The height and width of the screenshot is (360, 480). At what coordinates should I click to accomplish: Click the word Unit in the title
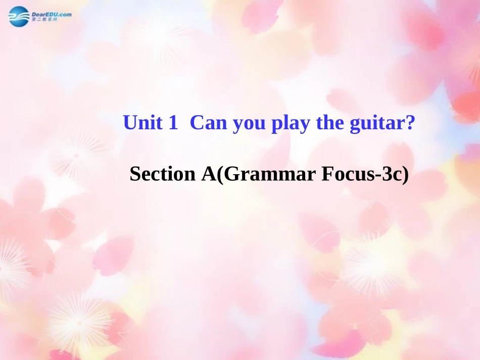[143, 123]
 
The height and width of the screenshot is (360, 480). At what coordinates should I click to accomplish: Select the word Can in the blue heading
[209, 123]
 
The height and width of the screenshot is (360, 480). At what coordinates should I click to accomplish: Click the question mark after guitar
[410, 123]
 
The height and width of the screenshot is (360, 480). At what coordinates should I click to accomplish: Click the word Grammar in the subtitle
[266, 174]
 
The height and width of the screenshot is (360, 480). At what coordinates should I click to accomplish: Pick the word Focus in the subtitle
[343, 174]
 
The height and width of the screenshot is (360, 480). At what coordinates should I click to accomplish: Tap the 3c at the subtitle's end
[391, 174]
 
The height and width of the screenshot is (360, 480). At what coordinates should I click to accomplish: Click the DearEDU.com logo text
[52, 14]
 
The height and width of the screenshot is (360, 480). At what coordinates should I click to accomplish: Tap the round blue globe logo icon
[19, 17]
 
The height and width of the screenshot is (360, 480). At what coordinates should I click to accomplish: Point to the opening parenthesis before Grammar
[219, 175]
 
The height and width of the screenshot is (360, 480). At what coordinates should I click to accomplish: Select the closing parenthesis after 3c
[404, 175]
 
